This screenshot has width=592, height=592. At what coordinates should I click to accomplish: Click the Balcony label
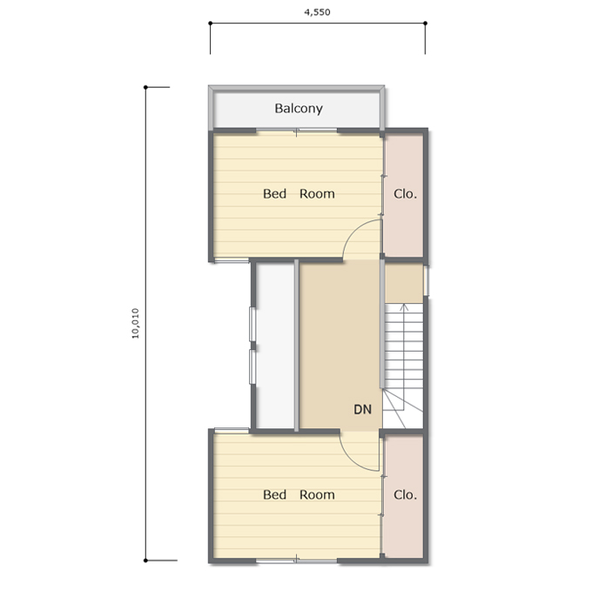coord(299,109)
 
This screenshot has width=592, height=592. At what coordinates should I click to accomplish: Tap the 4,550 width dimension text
coord(317,12)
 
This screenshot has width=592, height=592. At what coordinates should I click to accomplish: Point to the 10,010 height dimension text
coord(135,324)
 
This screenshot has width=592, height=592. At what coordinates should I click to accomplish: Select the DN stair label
coord(362,409)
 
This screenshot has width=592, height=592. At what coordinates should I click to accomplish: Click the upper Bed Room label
coord(299,193)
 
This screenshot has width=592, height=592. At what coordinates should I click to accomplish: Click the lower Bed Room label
coord(299,494)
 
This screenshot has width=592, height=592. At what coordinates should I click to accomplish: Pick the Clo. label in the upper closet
coord(405,194)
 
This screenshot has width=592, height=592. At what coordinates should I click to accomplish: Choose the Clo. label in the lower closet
coord(405,494)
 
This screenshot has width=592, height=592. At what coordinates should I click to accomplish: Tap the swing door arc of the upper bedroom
coord(353,230)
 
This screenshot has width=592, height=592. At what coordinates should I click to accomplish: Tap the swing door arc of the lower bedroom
coord(350,460)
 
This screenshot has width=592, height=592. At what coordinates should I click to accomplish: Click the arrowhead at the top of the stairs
coord(404,306)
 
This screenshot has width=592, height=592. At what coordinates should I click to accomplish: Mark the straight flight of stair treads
coord(404,346)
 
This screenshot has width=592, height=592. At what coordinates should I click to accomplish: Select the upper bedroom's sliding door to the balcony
coord(297,131)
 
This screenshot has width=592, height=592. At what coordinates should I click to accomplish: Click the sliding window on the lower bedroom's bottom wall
coord(297,561)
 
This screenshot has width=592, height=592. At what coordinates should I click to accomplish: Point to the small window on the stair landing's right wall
coord(426,280)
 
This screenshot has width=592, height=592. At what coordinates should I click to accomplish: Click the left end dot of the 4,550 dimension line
coord(211,24)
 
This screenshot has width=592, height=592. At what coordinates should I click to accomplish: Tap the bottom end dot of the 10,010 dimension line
coord(145,561)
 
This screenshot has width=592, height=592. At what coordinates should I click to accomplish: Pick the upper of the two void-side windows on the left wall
coord(252,325)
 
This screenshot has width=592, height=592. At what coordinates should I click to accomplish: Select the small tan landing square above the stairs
coord(404,283)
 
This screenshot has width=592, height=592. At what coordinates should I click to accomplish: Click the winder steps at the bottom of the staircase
coord(402,409)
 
